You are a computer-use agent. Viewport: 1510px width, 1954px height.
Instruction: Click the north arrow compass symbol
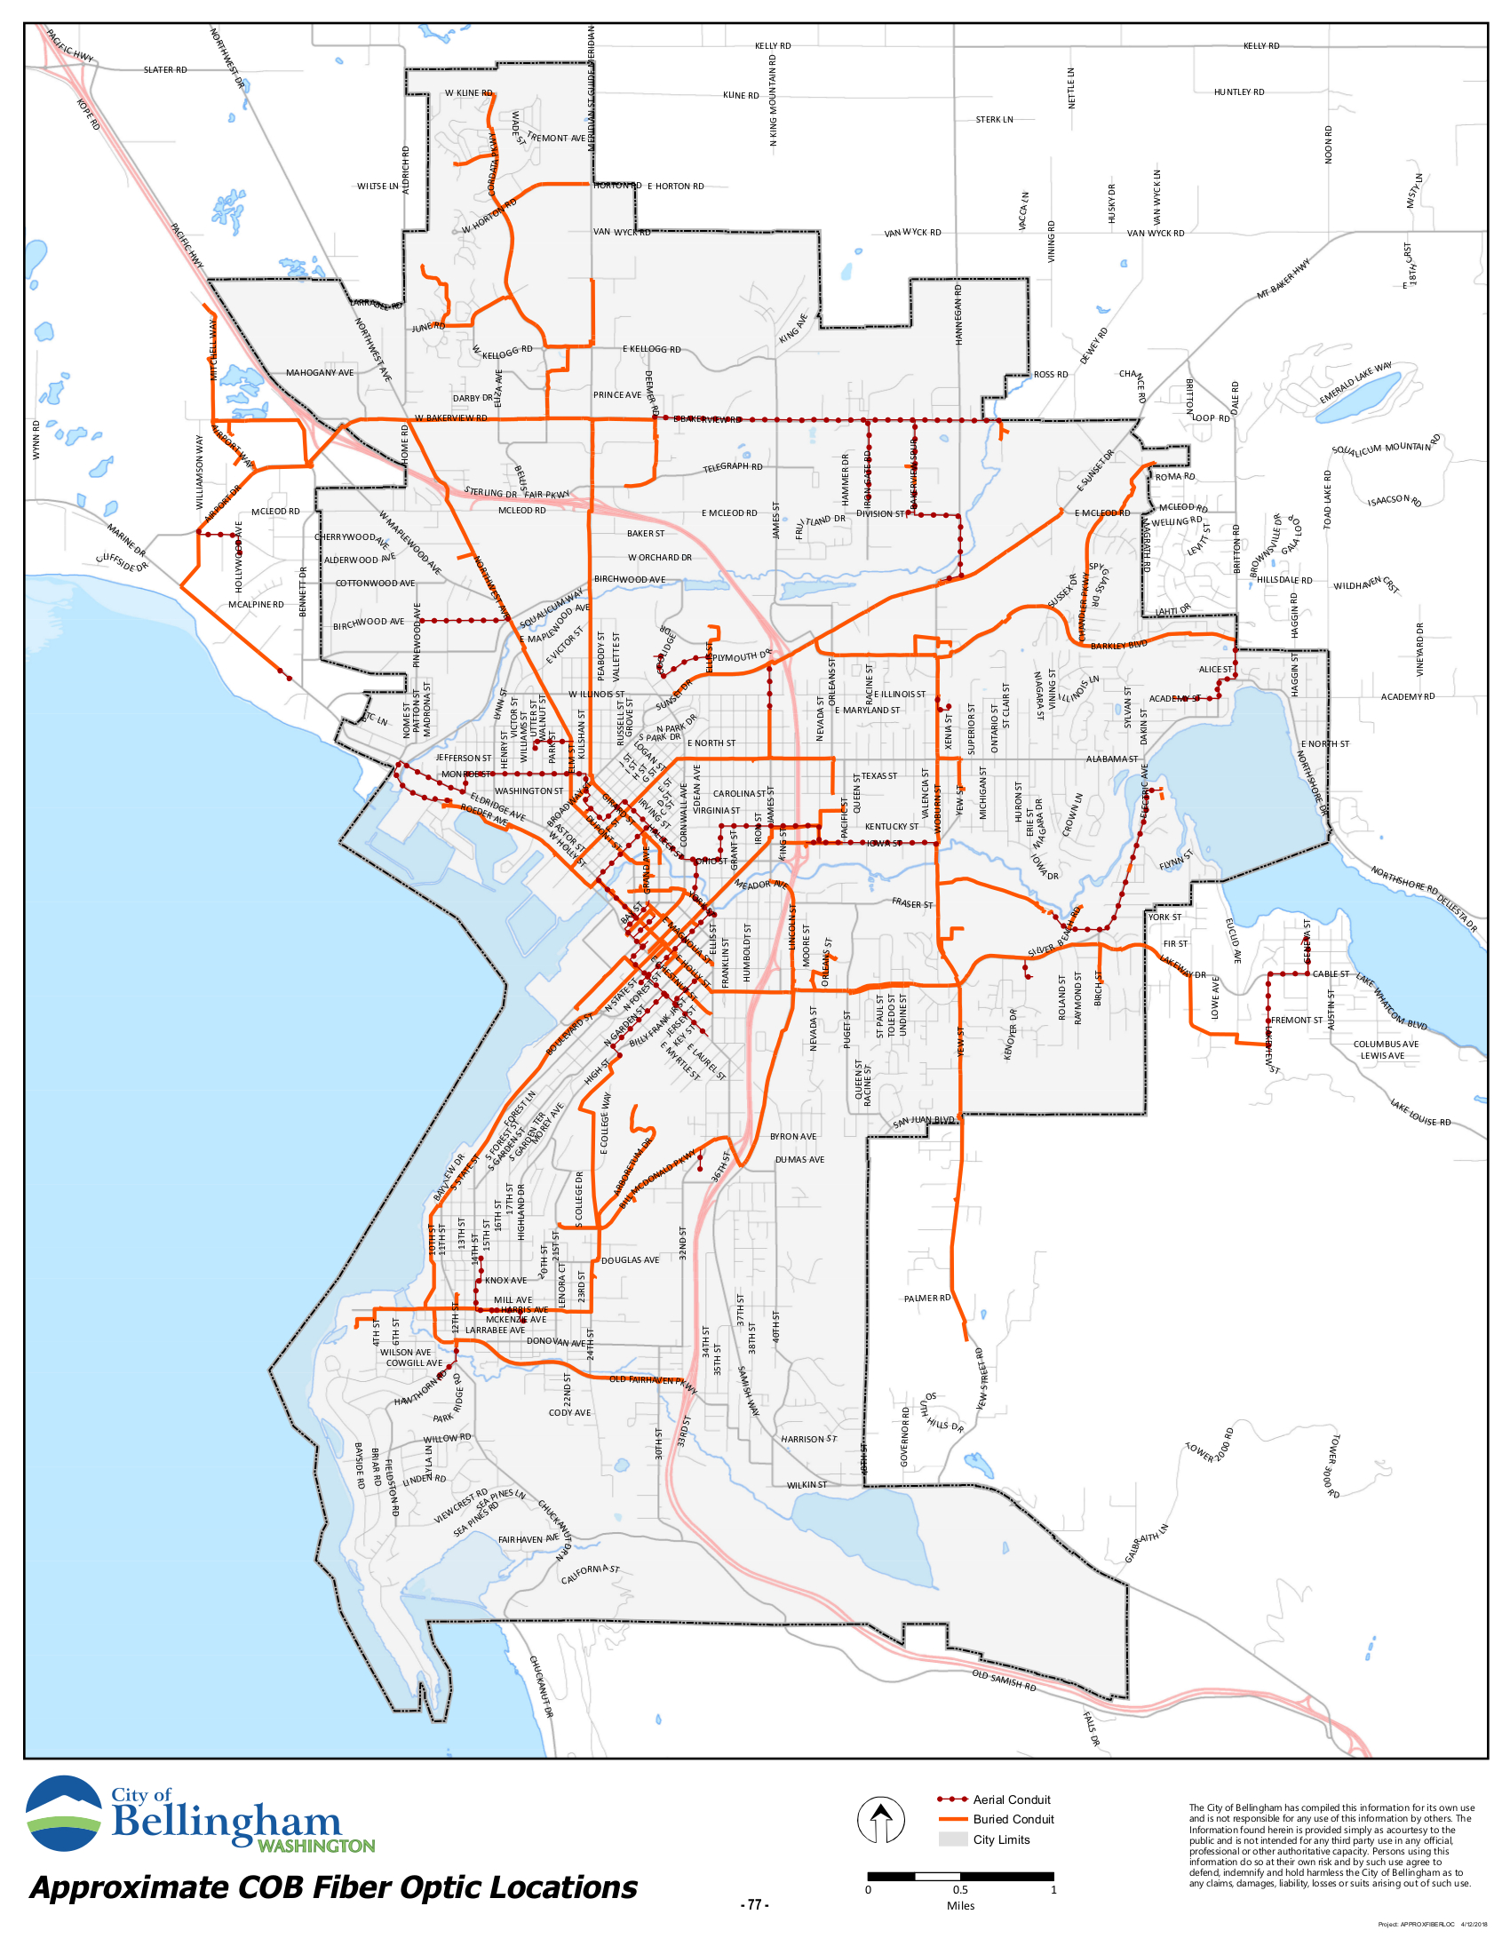880,1819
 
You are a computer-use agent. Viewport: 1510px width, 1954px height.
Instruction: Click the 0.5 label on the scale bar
960,1889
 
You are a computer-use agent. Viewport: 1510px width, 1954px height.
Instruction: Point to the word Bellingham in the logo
226,1823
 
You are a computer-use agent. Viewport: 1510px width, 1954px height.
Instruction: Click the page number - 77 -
754,1905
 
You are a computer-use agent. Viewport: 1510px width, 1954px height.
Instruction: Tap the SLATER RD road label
165,70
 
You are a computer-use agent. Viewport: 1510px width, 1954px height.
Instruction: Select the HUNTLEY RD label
1239,92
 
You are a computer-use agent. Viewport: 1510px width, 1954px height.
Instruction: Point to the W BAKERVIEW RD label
451,417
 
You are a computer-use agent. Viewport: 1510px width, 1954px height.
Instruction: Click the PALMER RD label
926,1299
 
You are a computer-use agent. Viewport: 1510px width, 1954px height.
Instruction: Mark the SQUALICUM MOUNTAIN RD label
1386,447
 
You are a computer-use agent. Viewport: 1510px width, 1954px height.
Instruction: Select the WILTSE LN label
377,187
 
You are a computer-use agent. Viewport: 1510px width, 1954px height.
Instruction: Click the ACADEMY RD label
1407,696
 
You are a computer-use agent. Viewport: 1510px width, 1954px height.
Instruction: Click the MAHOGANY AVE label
320,372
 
